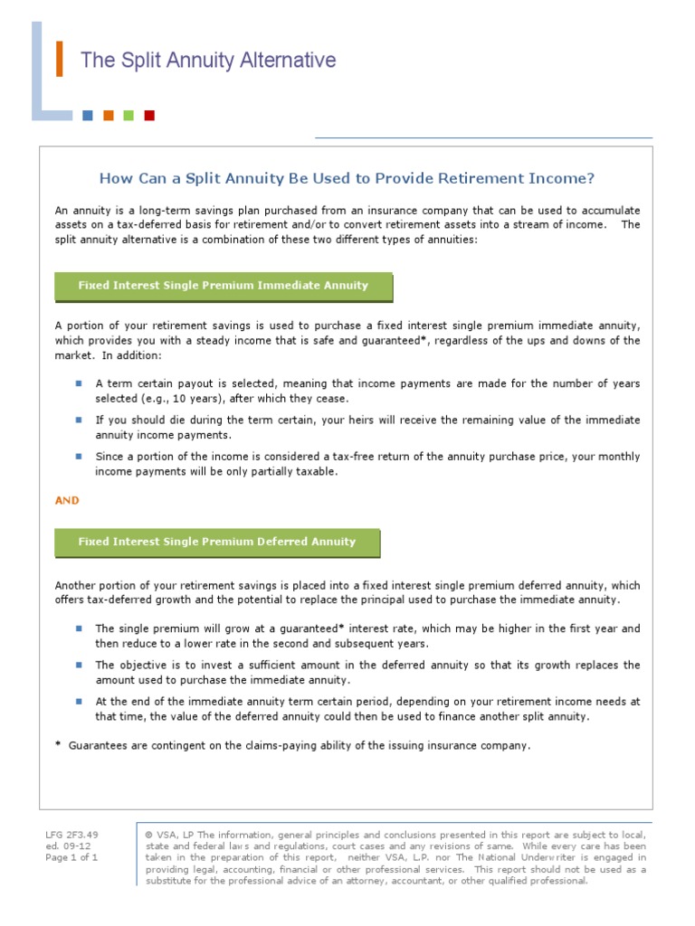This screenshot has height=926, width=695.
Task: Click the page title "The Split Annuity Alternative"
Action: click(208, 61)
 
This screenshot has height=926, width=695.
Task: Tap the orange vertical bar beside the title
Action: click(60, 60)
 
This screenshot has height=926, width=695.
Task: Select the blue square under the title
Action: click(87, 115)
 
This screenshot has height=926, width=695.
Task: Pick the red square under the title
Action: click(149, 115)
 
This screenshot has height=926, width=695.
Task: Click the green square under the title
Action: click(129, 115)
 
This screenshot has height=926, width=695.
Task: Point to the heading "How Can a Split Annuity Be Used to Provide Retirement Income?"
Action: click(347, 178)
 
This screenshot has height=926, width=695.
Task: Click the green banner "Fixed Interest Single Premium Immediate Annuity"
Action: click(224, 286)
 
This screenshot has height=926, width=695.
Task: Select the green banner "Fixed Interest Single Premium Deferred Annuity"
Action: click(217, 542)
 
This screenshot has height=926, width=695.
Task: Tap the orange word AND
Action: click(67, 500)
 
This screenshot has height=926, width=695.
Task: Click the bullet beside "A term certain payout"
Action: click(79, 383)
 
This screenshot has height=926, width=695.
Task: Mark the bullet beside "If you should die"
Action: click(79, 420)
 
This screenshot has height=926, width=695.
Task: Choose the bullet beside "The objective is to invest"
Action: click(79, 665)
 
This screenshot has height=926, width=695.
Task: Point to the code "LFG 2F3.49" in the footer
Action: click(71, 834)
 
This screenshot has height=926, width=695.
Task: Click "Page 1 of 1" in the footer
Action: click(71, 857)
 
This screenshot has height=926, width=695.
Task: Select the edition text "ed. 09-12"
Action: click(66, 846)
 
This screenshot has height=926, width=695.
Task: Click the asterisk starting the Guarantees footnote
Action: click(58, 744)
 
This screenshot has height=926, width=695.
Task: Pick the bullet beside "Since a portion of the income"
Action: click(79, 457)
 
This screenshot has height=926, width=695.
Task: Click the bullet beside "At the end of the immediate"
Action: click(79, 701)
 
